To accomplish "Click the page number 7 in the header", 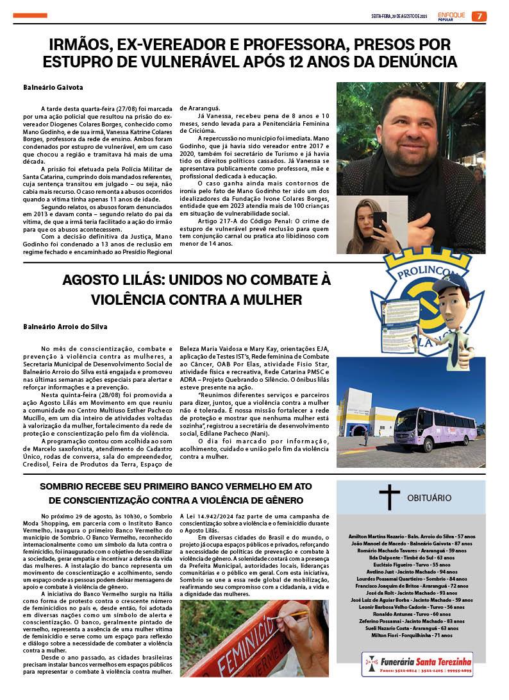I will (x=479, y=16).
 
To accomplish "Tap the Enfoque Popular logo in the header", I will (x=452, y=15).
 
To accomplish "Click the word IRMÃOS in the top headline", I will (x=86, y=45).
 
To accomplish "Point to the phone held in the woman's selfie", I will (x=380, y=221).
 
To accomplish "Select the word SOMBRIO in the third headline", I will (x=67, y=486).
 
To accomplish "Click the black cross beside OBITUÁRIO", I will (x=388, y=498).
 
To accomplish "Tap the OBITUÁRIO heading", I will (x=429, y=498).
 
